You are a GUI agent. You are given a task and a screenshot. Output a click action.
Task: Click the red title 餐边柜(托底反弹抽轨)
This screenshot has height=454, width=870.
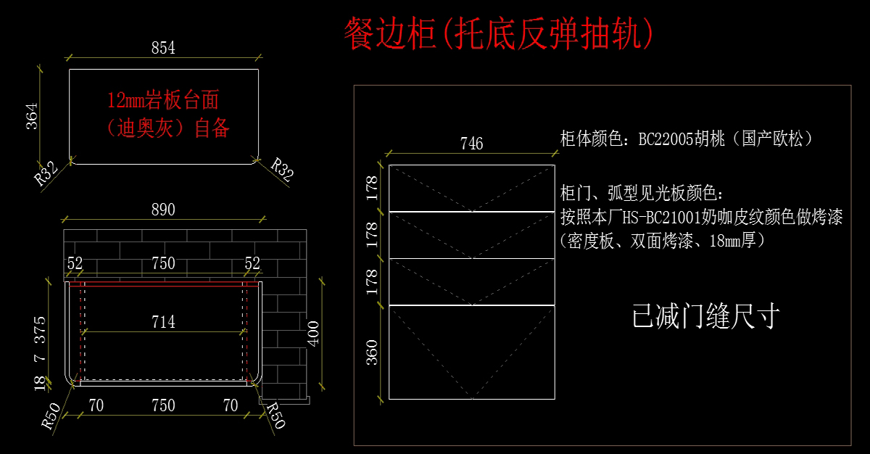[x=499, y=34]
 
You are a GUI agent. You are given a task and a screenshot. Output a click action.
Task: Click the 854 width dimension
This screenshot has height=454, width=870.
[x=163, y=48]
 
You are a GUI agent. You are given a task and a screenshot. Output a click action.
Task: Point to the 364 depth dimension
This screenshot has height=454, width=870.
[x=32, y=116]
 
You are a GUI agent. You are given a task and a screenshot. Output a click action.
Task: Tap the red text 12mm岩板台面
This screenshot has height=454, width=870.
[x=163, y=100]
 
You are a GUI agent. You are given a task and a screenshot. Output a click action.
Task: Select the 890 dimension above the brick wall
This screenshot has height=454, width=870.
[x=163, y=210]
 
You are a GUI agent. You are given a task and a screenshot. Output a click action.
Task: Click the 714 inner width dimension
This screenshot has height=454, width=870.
[x=163, y=322]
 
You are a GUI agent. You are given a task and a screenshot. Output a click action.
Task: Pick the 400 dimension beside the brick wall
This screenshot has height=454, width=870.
[x=313, y=334]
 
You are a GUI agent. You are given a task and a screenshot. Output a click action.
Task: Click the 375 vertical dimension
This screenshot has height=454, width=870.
[x=40, y=330]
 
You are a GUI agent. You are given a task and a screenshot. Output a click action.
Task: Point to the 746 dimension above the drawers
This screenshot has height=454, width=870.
[x=471, y=144]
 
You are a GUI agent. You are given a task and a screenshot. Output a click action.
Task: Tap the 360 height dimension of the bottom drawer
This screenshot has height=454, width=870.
[x=372, y=352]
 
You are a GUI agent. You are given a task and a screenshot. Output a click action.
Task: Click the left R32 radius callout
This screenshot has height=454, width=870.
[x=46, y=173]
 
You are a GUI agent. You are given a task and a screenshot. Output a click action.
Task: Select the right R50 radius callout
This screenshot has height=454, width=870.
[x=275, y=415]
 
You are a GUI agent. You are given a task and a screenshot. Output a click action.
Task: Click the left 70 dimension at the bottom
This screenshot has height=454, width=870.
[x=96, y=406]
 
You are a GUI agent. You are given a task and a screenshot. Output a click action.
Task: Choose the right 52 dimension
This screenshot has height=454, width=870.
[x=252, y=263]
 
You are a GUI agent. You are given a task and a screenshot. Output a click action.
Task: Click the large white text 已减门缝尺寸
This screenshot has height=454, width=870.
[x=705, y=316]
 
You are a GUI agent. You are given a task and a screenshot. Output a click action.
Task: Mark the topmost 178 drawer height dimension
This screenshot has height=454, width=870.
[x=372, y=188]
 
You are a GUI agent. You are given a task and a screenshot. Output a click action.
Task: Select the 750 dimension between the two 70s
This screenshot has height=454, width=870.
[x=163, y=406]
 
